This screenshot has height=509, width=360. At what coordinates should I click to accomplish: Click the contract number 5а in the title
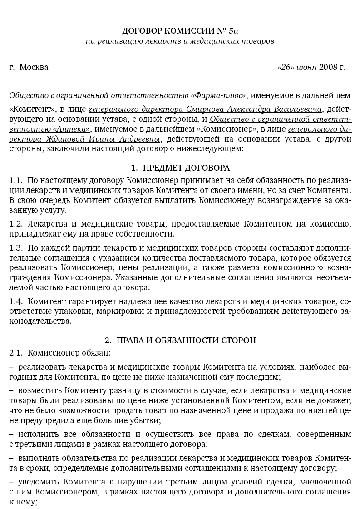[x=233, y=31]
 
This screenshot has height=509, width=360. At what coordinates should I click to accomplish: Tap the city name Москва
[x=34, y=67]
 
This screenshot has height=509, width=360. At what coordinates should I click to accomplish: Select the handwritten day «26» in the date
[x=286, y=67]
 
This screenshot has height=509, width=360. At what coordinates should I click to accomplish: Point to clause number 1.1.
[x=16, y=180]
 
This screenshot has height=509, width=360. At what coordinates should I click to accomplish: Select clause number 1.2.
[x=16, y=224]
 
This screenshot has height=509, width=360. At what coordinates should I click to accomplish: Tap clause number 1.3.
[x=16, y=248]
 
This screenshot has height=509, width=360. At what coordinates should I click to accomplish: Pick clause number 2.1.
[x=16, y=352]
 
